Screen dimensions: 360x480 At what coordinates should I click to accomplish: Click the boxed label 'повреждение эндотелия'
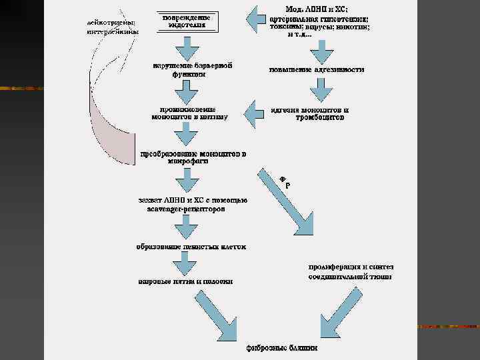click(191, 21)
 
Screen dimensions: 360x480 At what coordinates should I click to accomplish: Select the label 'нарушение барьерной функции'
click(193, 71)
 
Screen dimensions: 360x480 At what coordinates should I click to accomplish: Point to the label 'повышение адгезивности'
click(316, 70)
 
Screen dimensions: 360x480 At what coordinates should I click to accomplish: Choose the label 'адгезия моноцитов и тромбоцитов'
click(311, 113)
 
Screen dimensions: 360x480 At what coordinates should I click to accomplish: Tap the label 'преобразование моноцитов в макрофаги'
click(192, 157)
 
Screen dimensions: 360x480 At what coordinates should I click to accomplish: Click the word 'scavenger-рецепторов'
click(186, 209)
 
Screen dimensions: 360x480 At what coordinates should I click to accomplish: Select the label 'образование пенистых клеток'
click(191, 247)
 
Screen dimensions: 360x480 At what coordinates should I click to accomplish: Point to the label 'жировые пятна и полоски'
click(185, 281)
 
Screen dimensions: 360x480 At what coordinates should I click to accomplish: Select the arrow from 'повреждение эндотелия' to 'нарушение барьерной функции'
click(190, 47)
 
